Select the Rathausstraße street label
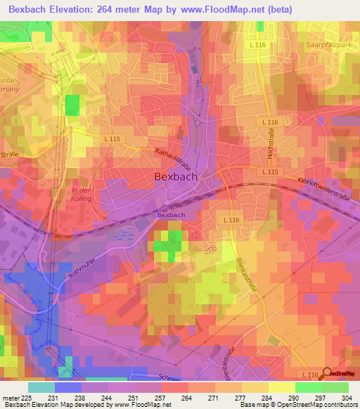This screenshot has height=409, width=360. coord(172,161)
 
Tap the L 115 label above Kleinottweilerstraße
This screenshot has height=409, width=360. coord(270,171)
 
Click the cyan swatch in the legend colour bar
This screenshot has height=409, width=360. coord(41,387)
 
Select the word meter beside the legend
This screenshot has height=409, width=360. coord(11,397)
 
